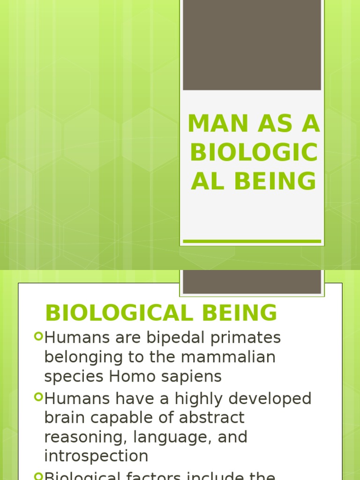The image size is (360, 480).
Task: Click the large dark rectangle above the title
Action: (x=252, y=45)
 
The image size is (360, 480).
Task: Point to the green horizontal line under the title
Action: (x=252, y=241)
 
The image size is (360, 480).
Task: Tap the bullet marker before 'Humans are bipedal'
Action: (x=38, y=336)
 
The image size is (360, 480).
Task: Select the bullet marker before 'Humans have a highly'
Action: (x=38, y=397)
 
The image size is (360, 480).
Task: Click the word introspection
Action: (x=96, y=456)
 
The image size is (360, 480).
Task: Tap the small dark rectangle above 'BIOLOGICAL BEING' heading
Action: (x=252, y=281)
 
